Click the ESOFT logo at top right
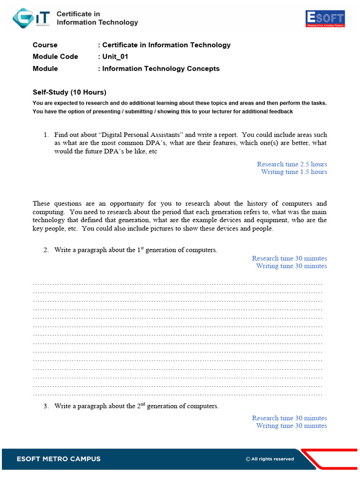(325, 19)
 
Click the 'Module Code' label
(55, 57)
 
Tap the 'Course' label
(45, 45)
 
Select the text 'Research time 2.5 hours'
(292, 164)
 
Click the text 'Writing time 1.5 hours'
(294, 172)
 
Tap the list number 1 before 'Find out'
(46, 135)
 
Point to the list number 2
(46, 250)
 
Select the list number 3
(46, 406)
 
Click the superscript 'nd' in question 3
(142, 405)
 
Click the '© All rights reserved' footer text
(270, 459)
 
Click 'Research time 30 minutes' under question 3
(289, 418)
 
